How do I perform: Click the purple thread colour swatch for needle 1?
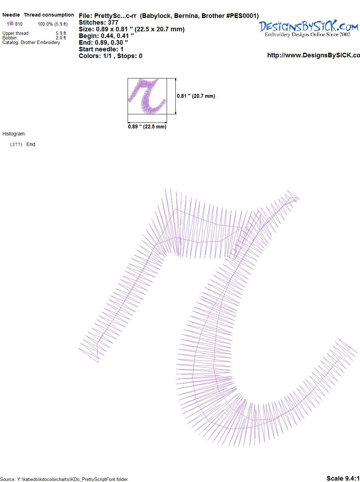[x=11, y=23]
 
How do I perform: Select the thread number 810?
[x=19, y=24]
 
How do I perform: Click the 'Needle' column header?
[x=11, y=15]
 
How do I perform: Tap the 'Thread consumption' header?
[x=49, y=15]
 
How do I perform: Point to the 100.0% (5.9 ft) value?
[x=53, y=24]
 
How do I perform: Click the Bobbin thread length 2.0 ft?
[x=61, y=38]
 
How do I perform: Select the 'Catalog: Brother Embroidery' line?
[x=31, y=42]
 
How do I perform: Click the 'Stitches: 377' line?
[x=98, y=23]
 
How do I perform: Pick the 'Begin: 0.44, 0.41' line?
[x=106, y=36]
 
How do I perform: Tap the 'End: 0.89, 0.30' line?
[x=103, y=42]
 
